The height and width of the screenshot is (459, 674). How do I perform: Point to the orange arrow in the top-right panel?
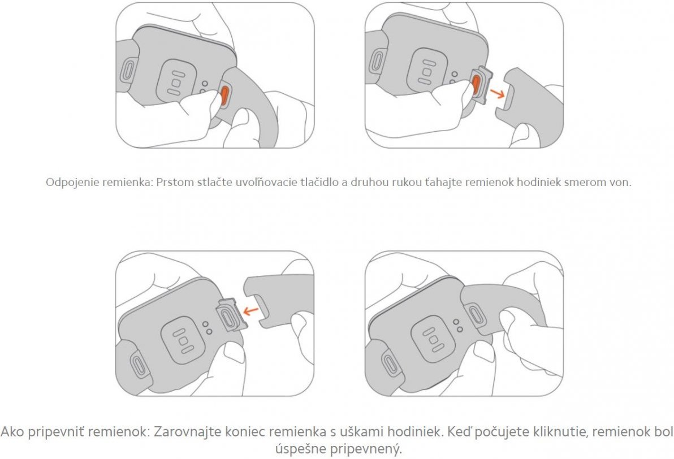coord(497,93)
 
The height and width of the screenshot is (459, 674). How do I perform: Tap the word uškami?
coord(361,431)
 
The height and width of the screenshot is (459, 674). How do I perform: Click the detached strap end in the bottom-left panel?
coord(279,300)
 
